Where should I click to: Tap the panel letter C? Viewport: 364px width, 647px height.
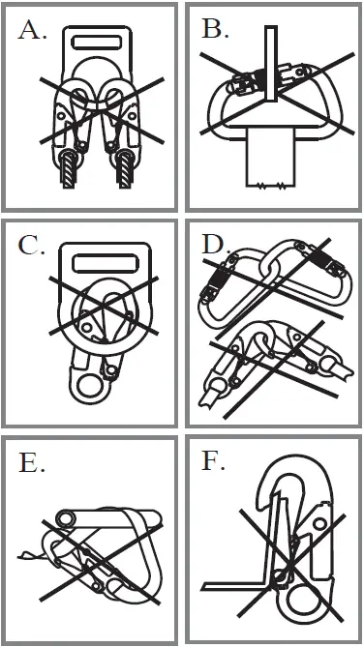pyautogui.click(x=33, y=246)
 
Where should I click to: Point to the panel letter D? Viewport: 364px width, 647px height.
pyautogui.click(x=215, y=246)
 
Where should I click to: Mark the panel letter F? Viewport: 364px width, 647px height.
pyautogui.click(x=214, y=463)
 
